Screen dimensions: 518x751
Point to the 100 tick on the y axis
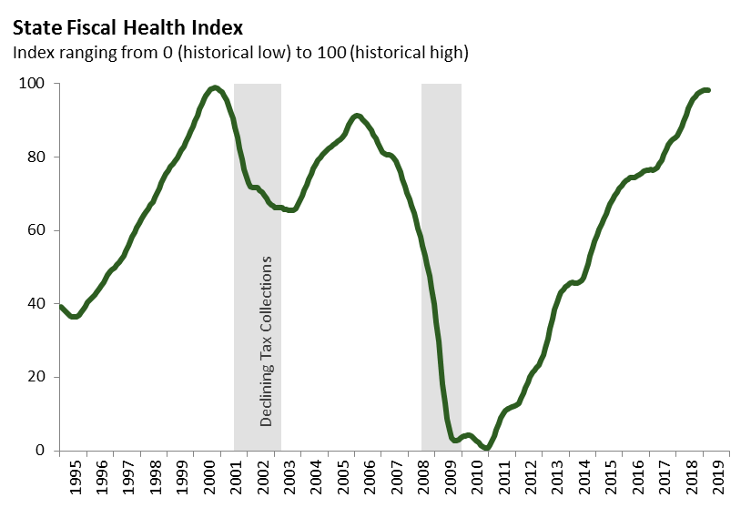[35, 84]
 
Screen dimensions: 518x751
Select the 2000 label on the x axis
[209, 480]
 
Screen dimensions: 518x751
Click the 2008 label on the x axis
[424, 480]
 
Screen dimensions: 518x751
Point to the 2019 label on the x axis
[719, 480]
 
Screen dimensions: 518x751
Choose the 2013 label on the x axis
[558, 480]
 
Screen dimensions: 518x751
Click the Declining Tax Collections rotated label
[267, 341]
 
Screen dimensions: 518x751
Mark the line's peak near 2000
[214, 87]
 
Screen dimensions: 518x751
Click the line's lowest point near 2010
[487, 448]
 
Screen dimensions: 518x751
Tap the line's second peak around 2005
[356, 116]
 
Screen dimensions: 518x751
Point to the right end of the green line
[709, 90]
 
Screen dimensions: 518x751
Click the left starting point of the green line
[60, 307]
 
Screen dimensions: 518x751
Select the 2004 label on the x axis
[317, 480]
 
